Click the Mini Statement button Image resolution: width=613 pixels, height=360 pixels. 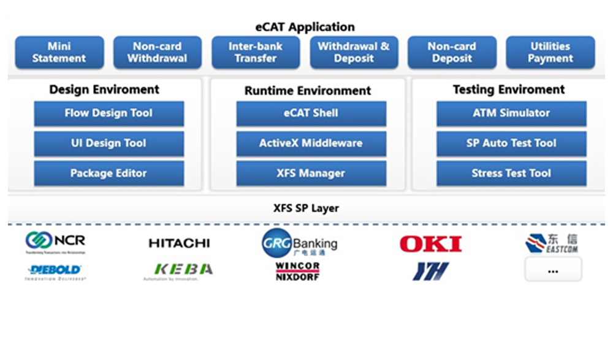pos(59,52)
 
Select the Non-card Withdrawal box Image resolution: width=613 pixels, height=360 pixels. pos(157,52)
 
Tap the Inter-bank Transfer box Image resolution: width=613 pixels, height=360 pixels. pos(256,52)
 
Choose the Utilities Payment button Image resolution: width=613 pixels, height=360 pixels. pos(550,52)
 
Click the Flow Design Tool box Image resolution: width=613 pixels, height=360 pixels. pos(109,113)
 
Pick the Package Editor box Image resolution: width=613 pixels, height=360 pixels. pos(109,174)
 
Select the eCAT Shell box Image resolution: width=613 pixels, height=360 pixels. pos(311,113)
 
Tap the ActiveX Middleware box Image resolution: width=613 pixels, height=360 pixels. pos(311,144)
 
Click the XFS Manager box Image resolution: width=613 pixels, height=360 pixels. pos(311,174)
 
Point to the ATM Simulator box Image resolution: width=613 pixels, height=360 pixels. pos(511,113)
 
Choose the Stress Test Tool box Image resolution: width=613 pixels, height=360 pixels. pos(511,174)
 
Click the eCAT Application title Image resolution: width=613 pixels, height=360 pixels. pos(305,27)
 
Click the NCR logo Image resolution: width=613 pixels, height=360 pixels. pos(56,242)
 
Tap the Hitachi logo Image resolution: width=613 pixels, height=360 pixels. pos(179,243)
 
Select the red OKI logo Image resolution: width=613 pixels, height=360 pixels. pos(430,244)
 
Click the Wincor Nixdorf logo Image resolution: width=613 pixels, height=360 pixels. pos(297,272)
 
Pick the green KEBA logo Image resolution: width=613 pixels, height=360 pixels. pos(183,270)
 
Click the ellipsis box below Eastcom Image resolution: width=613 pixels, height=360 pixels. pos(553,270)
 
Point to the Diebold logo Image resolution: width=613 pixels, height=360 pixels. pos(55,271)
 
